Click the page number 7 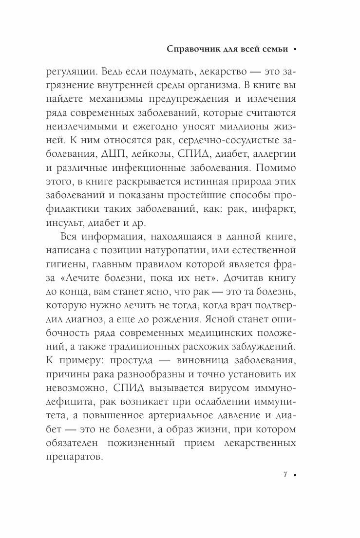[285, 476]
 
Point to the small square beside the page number [295, 476]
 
